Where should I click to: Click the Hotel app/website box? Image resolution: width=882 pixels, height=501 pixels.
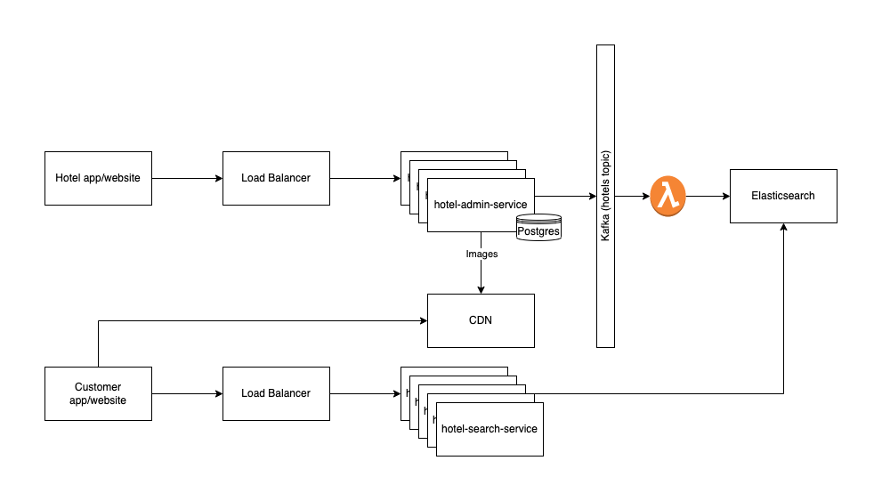tap(98, 178)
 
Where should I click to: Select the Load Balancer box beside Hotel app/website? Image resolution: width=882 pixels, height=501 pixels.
tap(276, 178)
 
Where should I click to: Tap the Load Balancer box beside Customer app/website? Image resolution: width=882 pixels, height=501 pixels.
tap(276, 393)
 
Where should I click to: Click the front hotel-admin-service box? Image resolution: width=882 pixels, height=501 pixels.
tap(481, 205)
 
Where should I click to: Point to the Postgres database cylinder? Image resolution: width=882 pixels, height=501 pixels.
tap(538, 228)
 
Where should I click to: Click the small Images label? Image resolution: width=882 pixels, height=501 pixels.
tap(481, 254)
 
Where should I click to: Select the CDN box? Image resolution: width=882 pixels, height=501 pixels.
tap(481, 320)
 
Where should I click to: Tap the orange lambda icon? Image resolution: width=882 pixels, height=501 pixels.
tap(668, 197)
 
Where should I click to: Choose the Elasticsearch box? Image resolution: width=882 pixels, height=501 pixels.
tap(783, 196)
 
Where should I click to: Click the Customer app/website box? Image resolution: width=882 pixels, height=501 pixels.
tap(98, 393)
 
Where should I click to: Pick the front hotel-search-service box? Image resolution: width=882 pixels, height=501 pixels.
tap(490, 429)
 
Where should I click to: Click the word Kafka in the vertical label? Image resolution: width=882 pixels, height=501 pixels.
tap(605, 230)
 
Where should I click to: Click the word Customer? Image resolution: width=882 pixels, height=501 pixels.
tap(98, 387)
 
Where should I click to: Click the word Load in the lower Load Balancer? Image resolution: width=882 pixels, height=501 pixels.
tap(253, 393)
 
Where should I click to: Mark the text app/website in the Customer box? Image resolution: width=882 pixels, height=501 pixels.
tap(98, 400)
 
